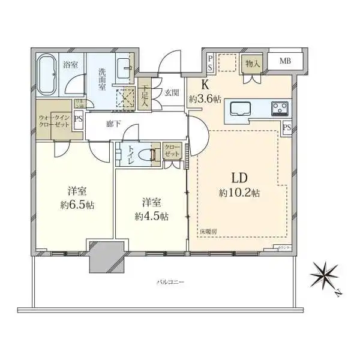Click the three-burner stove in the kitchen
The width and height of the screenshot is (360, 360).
(279, 109)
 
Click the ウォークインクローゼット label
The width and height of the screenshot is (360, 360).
(54, 119)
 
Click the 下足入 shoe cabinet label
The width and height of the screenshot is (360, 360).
(144, 94)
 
